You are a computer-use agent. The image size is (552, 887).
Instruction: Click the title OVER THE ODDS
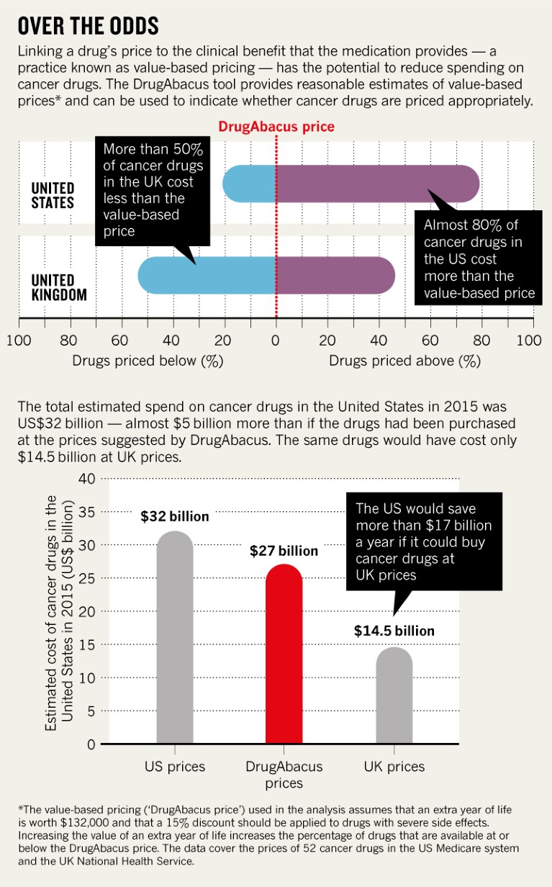pyautogui.click(x=88, y=27)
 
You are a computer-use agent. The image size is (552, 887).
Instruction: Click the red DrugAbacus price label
pyautogui.click(x=276, y=127)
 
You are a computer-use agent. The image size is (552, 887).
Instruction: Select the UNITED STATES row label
pyautogui.click(x=53, y=195)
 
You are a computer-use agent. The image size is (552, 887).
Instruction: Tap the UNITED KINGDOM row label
pyautogui.click(x=58, y=287)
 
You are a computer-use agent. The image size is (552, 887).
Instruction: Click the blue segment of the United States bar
pyautogui.click(x=250, y=184)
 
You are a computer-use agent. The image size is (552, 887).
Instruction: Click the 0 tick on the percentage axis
pyautogui.click(x=276, y=340)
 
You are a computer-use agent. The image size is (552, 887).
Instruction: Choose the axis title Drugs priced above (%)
pyautogui.click(x=404, y=361)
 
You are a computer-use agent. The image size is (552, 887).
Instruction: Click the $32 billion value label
pyautogui.click(x=175, y=516)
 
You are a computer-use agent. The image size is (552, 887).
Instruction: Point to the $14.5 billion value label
pyautogui.click(x=394, y=631)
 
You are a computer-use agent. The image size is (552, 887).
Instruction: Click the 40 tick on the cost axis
pyautogui.click(x=86, y=479)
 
